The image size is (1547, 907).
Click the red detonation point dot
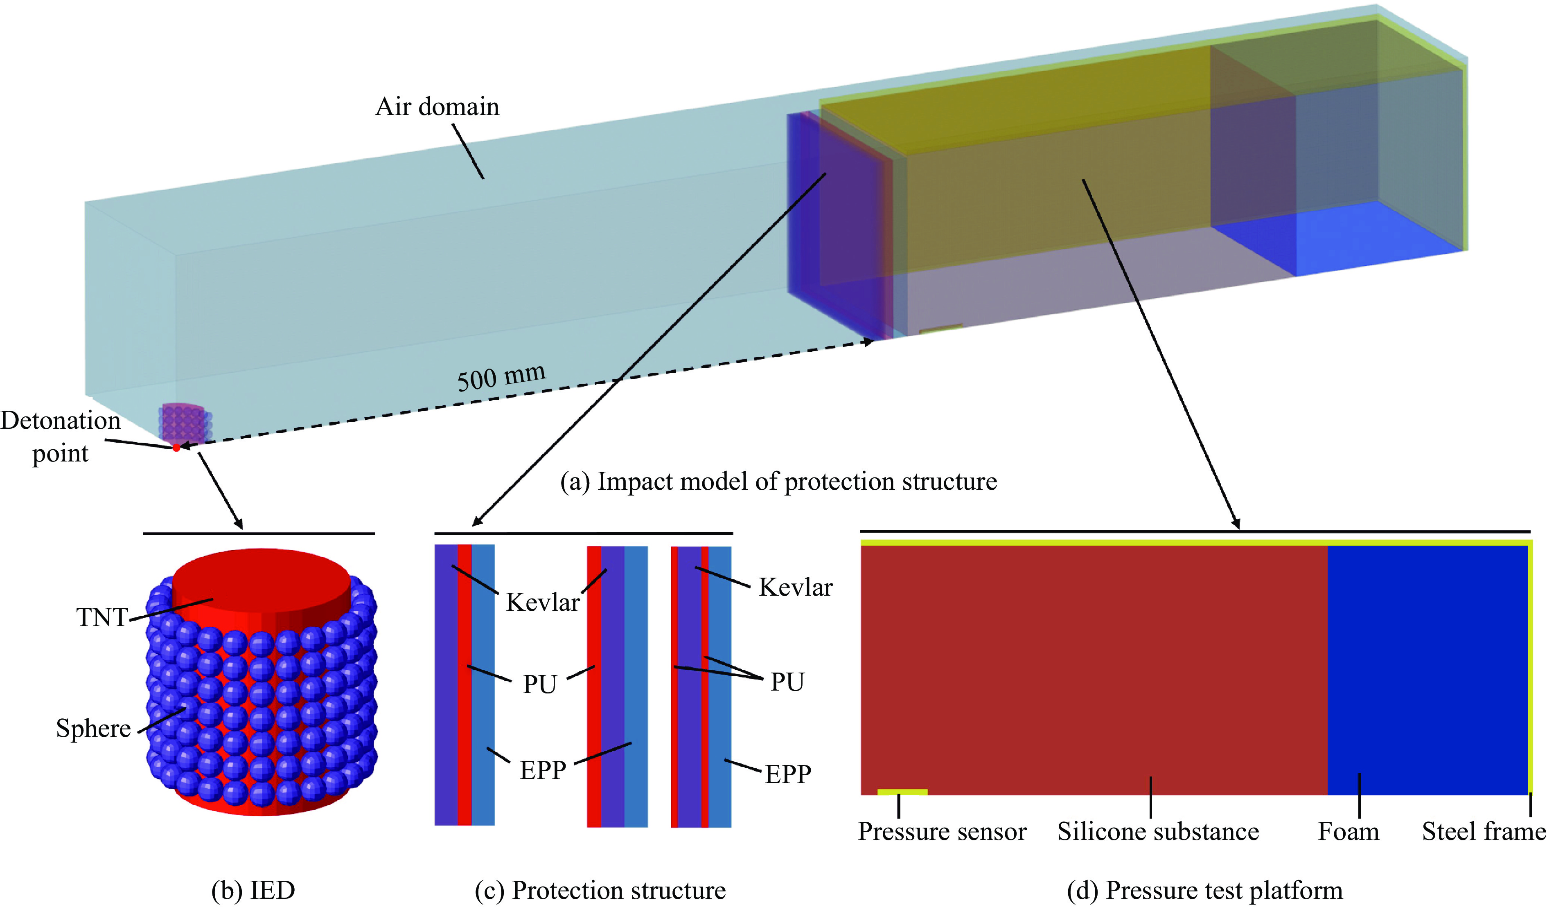click(x=176, y=448)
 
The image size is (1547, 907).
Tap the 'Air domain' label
click(x=437, y=107)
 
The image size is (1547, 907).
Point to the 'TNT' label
click(x=102, y=617)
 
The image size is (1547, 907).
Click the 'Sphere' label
click(x=93, y=728)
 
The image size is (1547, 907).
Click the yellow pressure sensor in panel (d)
click(x=902, y=792)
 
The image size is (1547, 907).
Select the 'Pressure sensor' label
click(x=942, y=831)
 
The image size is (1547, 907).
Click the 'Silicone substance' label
click(x=1158, y=831)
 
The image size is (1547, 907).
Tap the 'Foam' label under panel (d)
click(x=1349, y=831)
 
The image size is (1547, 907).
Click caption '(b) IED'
click(x=253, y=890)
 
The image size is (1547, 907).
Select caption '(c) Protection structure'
click(x=600, y=890)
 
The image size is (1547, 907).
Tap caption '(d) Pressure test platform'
click(x=1204, y=890)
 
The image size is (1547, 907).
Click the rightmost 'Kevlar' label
click(x=796, y=587)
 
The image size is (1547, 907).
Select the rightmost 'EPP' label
click(x=787, y=774)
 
